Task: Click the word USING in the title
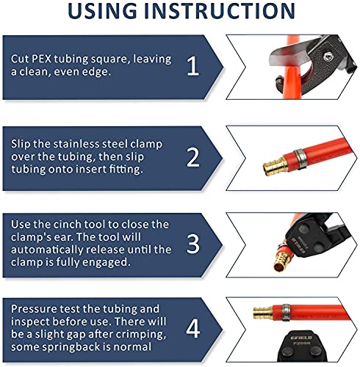point(102,10)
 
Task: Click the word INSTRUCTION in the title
point(220,10)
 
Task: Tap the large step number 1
point(192,66)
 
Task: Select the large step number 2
point(193,158)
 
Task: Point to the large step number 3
point(193,244)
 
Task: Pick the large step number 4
point(193,329)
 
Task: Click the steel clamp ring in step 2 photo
point(300,159)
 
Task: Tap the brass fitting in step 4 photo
point(263,312)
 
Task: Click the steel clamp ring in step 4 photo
point(286,313)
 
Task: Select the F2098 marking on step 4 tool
point(301,344)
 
